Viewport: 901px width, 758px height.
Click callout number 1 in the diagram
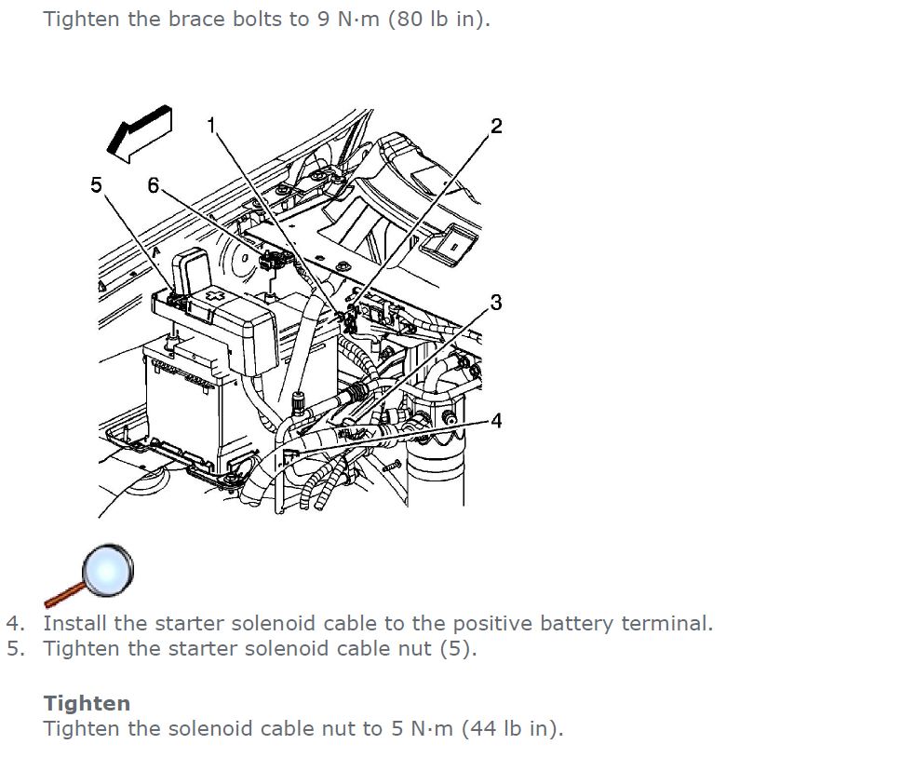point(211,125)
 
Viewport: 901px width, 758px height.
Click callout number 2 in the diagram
point(496,126)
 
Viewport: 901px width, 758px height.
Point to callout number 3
point(496,302)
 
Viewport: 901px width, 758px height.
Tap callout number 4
point(496,421)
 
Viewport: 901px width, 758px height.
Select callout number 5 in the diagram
point(96,184)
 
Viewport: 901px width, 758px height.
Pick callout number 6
point(153,185)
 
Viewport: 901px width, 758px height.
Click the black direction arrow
point(140,134)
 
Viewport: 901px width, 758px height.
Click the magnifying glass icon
point(89,575)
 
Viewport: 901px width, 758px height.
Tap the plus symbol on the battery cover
point(216,296)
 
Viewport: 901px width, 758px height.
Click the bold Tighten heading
point(87,703)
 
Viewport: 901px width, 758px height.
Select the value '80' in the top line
point(410,19)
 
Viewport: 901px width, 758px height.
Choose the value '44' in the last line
point(483,729)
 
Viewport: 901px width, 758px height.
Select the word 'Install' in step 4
point(74,623)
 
